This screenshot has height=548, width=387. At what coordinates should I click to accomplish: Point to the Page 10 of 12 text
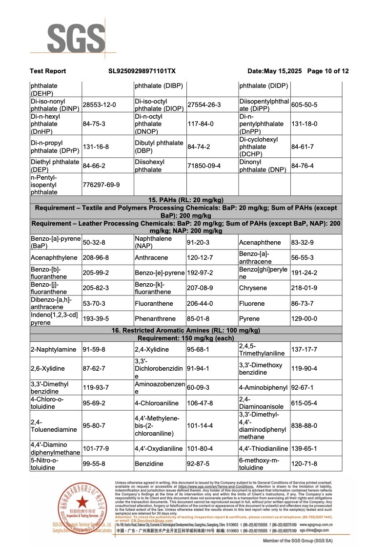[x=328, y=71]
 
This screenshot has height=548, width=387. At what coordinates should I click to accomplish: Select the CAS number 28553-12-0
[x=99, y=105]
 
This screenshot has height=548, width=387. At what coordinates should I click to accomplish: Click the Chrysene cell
[x=252, y=288]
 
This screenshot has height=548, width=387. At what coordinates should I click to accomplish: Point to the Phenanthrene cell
[x=154, y=319]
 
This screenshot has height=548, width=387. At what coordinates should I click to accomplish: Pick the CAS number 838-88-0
[x=304, y=426]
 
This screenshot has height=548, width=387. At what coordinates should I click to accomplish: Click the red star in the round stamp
[x=82, y=502]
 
